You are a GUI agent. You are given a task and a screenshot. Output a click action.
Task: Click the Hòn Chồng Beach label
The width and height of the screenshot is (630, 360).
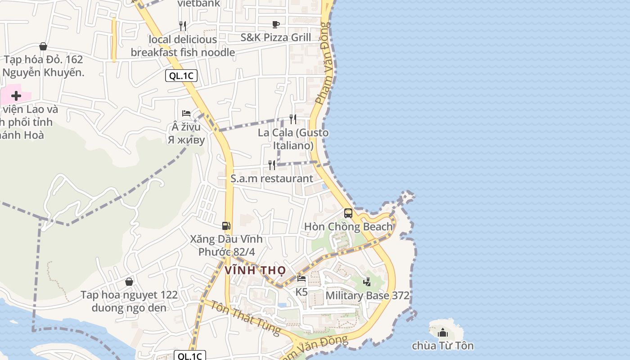coord(349,226)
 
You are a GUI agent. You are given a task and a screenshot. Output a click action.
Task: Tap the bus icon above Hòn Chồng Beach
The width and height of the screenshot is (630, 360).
coord(348,213)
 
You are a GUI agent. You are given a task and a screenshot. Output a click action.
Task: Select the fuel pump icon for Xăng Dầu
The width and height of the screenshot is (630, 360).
coord(226,225)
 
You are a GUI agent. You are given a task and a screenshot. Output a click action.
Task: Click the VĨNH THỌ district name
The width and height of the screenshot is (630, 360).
coord(255,270)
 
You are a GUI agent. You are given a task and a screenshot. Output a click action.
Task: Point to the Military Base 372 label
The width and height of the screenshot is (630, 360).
coord(367,296)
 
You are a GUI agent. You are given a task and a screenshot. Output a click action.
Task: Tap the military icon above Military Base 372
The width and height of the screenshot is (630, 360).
coord(367,282)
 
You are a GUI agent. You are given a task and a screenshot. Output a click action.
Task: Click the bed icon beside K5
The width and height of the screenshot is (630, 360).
coord(301,279)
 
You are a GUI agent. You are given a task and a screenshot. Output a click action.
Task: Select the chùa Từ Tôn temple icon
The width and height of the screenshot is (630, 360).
coord(443,333)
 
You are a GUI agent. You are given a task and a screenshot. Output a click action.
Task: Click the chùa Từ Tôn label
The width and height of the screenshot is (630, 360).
coord(443,346)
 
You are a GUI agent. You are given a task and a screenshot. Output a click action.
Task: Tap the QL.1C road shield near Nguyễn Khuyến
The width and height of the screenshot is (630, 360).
coord(181,76)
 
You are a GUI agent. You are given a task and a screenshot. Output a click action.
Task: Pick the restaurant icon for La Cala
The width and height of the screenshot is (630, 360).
coord(293,119)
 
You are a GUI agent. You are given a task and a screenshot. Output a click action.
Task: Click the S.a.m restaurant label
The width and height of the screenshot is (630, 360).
coord(272,178)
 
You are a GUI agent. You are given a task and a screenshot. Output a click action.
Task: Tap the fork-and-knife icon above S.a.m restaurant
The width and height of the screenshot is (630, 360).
coord(272,165)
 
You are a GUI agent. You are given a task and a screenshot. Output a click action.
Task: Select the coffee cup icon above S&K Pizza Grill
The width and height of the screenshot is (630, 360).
coord(276,24)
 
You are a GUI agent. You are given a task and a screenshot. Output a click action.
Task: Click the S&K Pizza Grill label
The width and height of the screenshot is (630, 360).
coord(276,37)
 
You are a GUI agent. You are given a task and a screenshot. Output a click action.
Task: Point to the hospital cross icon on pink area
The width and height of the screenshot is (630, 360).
coord(16,95)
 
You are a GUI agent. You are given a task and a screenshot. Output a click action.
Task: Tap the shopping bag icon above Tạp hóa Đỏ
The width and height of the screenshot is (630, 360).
coord(43,46)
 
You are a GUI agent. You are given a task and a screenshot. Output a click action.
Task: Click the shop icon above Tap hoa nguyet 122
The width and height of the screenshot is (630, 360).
coord(129,282)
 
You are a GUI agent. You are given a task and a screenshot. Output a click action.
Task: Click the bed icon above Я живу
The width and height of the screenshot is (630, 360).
coord(186,113)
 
